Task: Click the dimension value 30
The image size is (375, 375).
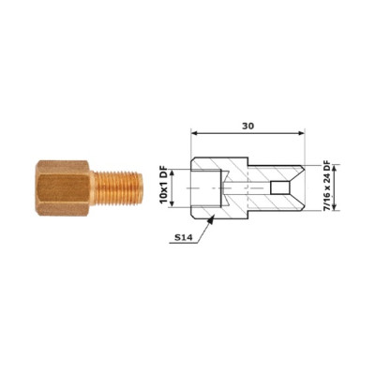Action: click(x=248, y=126)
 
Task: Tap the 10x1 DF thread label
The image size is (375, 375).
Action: click(x=164, y=187)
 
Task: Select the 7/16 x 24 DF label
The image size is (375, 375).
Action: click(x=326, y=186)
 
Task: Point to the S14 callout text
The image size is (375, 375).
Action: click(x=182, y=238)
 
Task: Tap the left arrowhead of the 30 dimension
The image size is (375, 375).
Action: click(x=194, y=133)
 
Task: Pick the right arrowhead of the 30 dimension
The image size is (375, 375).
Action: click(x=301, y=133)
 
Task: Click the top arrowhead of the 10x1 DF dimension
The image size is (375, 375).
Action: click(x=172, y=172)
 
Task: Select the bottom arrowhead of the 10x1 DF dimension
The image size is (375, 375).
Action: click(x=172, y=203)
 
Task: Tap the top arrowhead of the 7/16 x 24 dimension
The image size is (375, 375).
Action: click(x=335, y=168)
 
